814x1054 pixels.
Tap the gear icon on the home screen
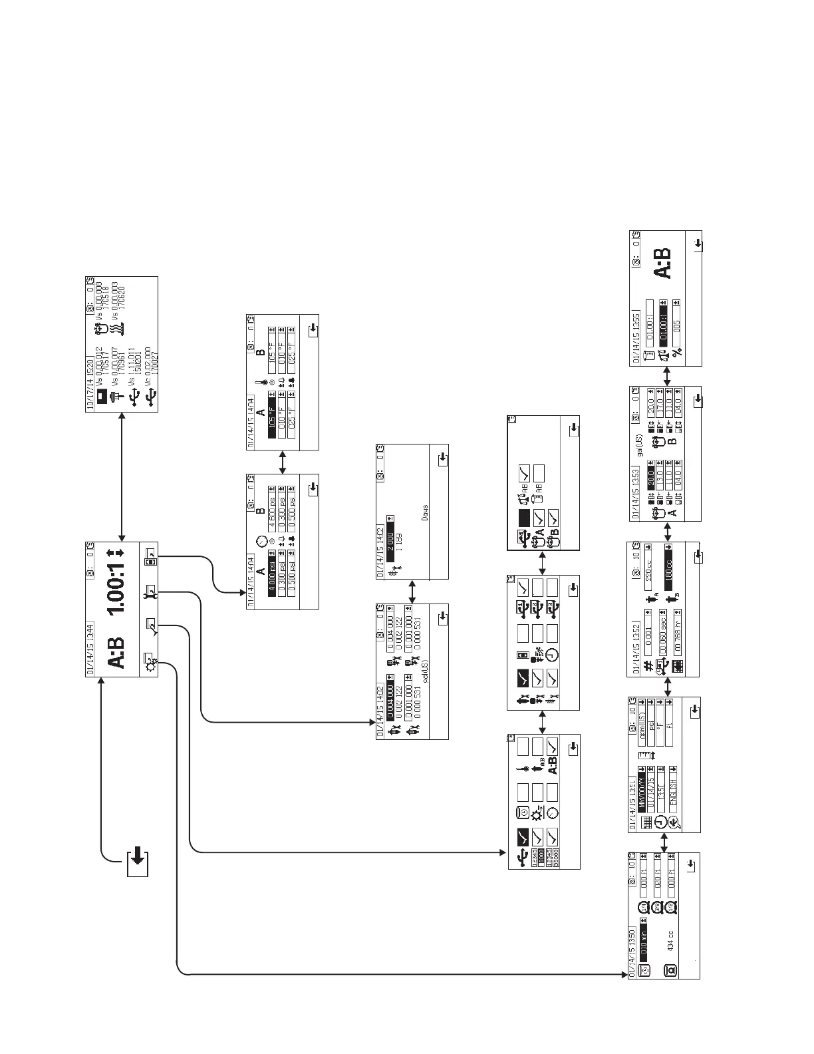click(x=152, y=663)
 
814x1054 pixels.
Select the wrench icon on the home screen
click(x=151, y=592)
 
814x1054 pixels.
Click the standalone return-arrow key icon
click(x=137, y=863)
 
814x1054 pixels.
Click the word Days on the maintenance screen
click(x=426, y=514)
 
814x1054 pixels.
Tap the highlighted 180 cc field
click(x=668, y=564)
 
